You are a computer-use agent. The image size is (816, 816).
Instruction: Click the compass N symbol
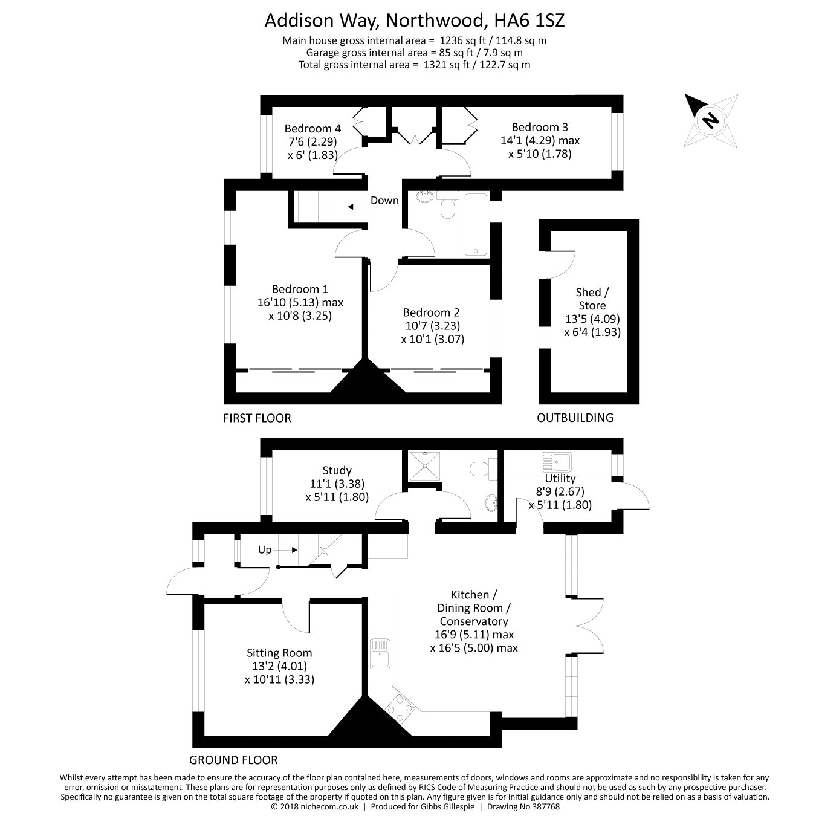pos(710,120)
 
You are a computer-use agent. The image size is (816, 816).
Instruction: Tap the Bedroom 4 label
pos(312,128)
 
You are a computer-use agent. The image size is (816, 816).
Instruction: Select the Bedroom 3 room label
pos(540,127)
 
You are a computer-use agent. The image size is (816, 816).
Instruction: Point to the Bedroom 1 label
pos(300,289)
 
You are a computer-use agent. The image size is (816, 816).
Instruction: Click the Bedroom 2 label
pos(431,312)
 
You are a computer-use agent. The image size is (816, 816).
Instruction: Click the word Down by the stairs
pos(384,201)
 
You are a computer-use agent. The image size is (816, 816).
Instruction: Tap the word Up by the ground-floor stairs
pos(265,550)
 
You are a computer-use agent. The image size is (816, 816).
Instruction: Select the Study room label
pos(337,470)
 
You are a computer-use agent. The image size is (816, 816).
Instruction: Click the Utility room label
pos(560,478)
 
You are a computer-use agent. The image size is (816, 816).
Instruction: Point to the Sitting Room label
pos(279,653)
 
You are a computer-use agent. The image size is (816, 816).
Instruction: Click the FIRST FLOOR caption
pos(257,418)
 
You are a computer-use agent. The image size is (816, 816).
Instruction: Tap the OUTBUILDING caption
pos(575,418)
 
